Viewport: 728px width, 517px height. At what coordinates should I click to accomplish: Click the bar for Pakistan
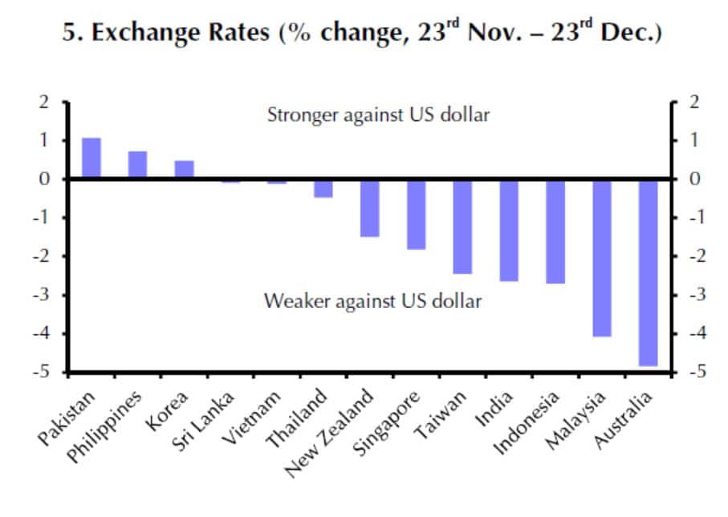[92, 158]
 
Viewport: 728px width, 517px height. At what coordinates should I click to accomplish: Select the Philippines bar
[137, 164]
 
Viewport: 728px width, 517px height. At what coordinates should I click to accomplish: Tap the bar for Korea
[184, 169]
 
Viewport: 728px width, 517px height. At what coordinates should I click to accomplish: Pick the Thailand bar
[323, 188]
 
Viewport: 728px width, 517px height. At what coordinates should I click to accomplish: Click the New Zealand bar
[369, 208]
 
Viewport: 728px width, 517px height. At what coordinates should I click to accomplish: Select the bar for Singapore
[416, 214]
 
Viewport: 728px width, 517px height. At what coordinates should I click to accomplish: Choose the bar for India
[509, 230]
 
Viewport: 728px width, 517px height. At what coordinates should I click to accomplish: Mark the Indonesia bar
[555, 231]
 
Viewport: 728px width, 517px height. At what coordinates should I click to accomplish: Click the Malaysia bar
[602, 257]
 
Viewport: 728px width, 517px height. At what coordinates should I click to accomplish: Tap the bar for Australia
[648, 273]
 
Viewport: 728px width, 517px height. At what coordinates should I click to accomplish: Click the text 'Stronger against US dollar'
[377, 115]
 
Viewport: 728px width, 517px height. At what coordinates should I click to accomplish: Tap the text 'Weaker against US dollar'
[373, 302]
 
